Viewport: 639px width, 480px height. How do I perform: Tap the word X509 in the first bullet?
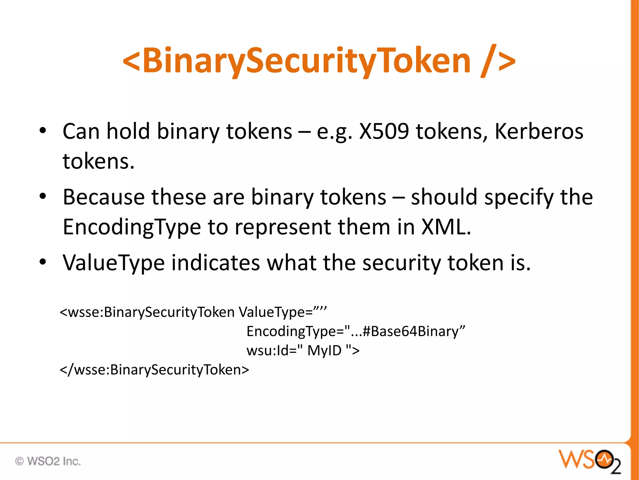coord(384,131)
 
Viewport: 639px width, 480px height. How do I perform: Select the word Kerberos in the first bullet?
coord(539,131)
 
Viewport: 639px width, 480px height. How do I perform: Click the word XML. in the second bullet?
coord(446,227)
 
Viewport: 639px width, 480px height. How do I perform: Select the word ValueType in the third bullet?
coord(114,263)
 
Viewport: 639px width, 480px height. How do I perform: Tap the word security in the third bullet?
coord(402,263)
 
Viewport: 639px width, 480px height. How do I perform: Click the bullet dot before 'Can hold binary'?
coord(43,130)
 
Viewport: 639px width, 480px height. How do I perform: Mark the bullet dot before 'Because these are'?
coord(43,196)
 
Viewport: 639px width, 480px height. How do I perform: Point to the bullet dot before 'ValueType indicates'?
coord(43,262)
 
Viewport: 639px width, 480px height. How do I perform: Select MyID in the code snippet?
coord(324,351)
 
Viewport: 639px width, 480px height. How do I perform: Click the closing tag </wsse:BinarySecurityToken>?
coord(154,370)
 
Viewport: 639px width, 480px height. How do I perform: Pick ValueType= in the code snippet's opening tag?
coord(276,312)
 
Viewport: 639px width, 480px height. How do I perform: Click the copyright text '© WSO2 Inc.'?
coord(48,461)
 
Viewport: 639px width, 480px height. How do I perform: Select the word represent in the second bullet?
coord(283,227)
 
